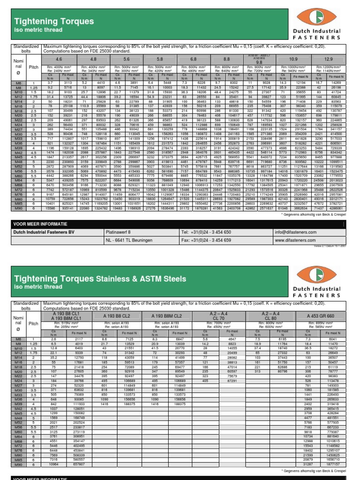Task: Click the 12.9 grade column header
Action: [329, 60]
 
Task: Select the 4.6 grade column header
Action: [59, 60]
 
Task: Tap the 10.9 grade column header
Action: [292, 60]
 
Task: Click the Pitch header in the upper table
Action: [34, 67]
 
